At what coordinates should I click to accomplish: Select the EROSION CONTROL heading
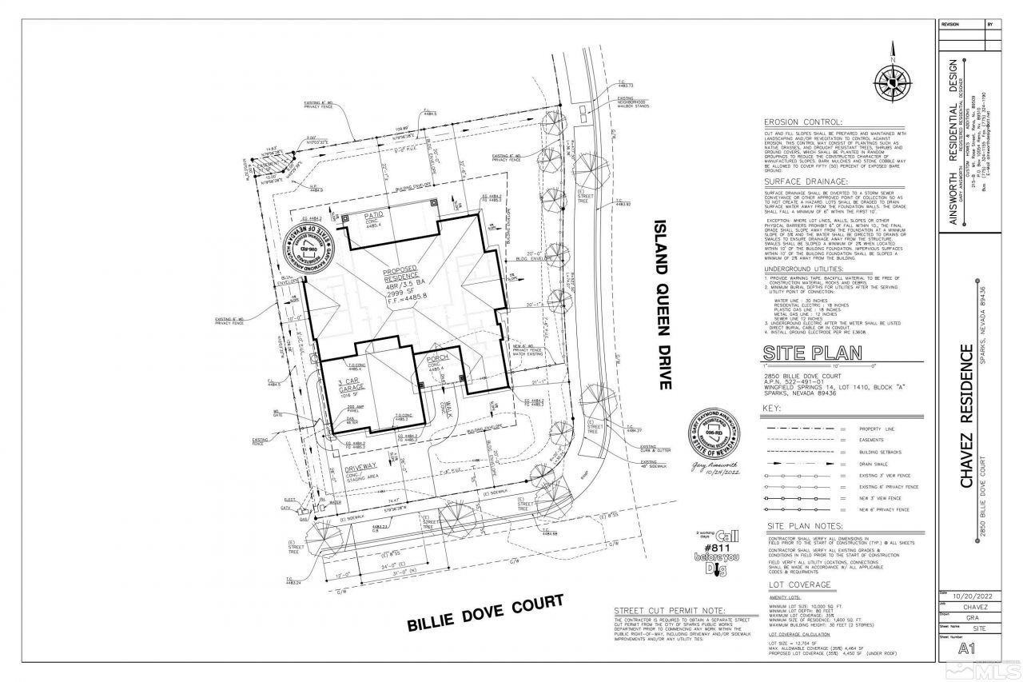pyautogui.click(x=802, y=122)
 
